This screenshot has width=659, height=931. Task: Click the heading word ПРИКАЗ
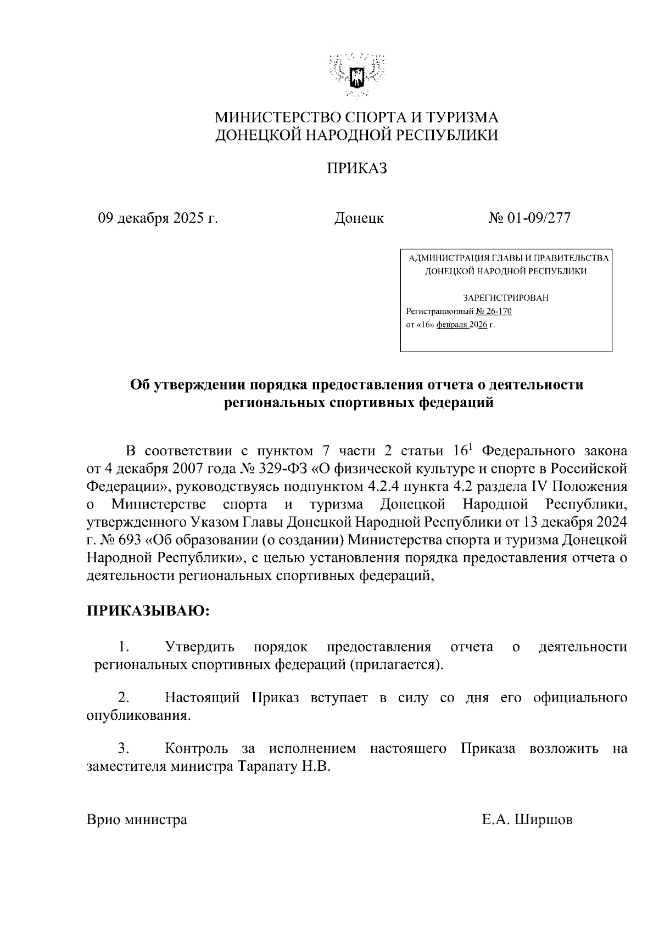(x=357, y=168)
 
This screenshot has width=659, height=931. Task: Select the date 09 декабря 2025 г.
(x=158, y=218)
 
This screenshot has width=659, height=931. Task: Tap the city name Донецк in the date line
(x=359, y=218)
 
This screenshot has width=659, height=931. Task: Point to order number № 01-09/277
(x=529, y=218)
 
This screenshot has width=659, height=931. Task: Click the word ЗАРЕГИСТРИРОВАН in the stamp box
(x=506, y=298)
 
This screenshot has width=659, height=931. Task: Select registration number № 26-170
(x=494, y=312)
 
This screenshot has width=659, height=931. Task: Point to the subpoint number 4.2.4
(x=381, y=487)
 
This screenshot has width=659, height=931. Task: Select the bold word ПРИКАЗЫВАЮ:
(x=148, y=611)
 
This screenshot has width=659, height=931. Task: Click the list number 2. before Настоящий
(x=124, y=698)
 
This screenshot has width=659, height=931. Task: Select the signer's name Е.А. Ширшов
(x=527, y=820)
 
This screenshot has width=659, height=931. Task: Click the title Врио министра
(x=137, y=820)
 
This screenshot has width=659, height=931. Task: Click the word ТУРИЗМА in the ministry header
(x=462, y=117)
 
